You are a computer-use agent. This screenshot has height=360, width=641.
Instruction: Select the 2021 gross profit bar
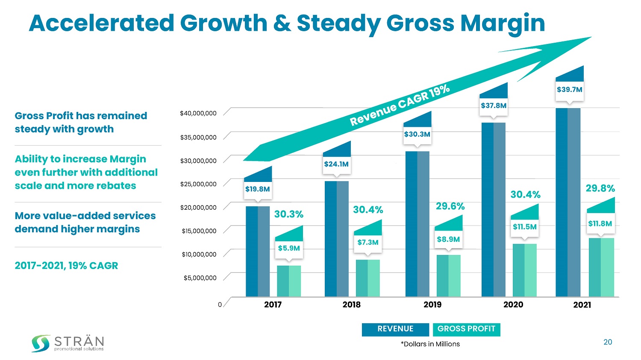pos(601,267)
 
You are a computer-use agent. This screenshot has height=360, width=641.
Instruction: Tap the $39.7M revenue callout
pos(569,90)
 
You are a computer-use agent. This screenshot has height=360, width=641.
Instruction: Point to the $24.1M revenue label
pos(336,164)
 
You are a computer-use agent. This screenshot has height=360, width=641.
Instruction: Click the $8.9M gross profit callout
pos(448,240)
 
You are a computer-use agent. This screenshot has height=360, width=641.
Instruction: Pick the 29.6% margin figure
pos(450,206)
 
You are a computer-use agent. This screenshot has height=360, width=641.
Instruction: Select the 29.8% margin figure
pos(600,188)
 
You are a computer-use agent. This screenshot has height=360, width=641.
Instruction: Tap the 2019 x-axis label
pos(432,304)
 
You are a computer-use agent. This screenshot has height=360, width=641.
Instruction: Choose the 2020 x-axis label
pos(513,304)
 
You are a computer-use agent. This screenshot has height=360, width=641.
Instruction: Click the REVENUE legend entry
pos(395,329)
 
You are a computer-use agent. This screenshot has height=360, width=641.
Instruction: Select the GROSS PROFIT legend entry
pos(466,329)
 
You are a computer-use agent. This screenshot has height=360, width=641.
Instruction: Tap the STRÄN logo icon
pos(41,343)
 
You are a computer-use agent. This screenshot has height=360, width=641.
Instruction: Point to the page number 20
pos(607,342)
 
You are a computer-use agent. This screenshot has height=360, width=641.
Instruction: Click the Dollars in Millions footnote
pos(430,344)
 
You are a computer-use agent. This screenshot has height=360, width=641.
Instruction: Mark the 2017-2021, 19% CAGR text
pos(66,266)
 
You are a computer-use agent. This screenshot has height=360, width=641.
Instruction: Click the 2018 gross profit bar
pos(368,278)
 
